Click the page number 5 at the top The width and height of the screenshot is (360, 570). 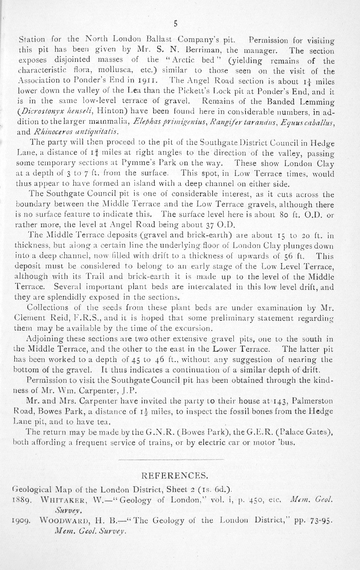[x=175, y=24]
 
